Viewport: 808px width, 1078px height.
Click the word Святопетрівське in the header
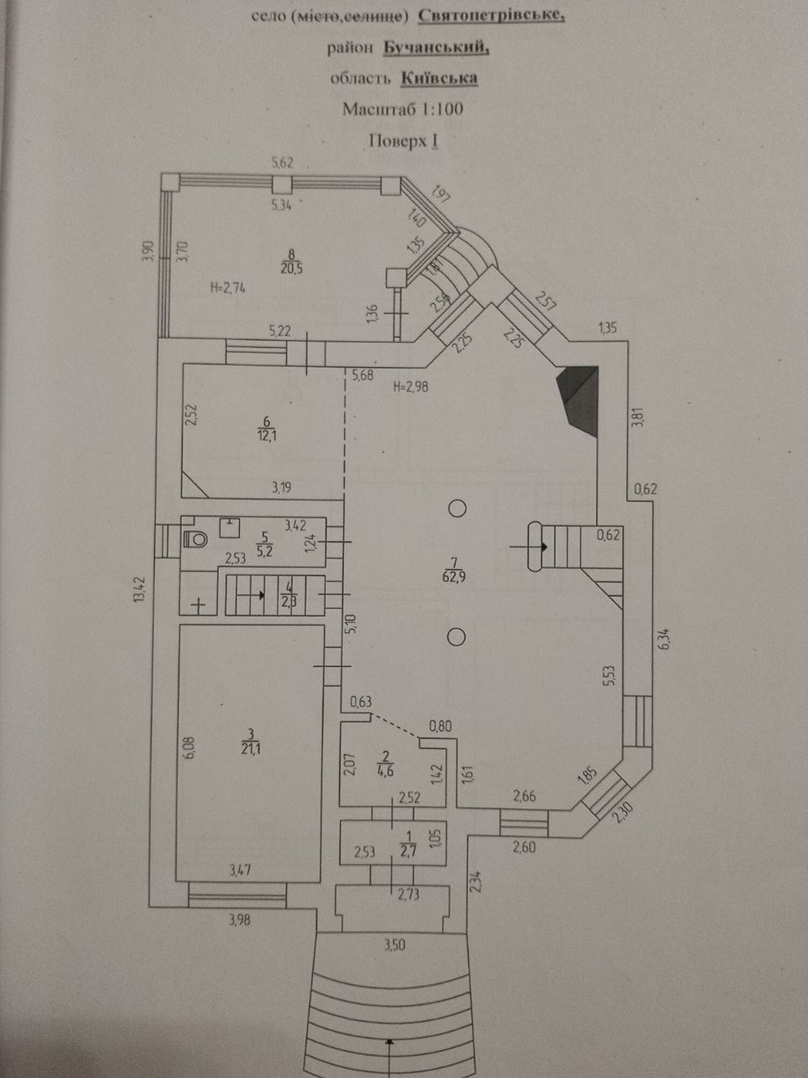[492, 17]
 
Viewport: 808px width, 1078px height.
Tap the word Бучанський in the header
[436, 48]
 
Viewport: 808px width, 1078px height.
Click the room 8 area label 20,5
[291, 267]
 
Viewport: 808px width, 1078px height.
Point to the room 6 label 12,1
[267, 435]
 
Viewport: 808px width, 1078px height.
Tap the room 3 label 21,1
[250, 748]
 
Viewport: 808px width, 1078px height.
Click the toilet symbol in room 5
[195, 538]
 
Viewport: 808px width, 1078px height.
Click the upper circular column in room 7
[457, 508]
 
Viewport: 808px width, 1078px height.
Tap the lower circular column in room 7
[457, 637]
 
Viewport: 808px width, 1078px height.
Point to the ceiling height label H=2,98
[411, 386]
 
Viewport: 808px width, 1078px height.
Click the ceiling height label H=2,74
[228, 288]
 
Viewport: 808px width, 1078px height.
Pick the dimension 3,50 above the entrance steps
[395, 945]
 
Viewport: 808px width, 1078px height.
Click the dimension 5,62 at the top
[282, 162]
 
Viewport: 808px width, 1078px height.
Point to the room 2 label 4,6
[386, 770]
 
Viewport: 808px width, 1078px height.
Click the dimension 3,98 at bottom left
[240, 920]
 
